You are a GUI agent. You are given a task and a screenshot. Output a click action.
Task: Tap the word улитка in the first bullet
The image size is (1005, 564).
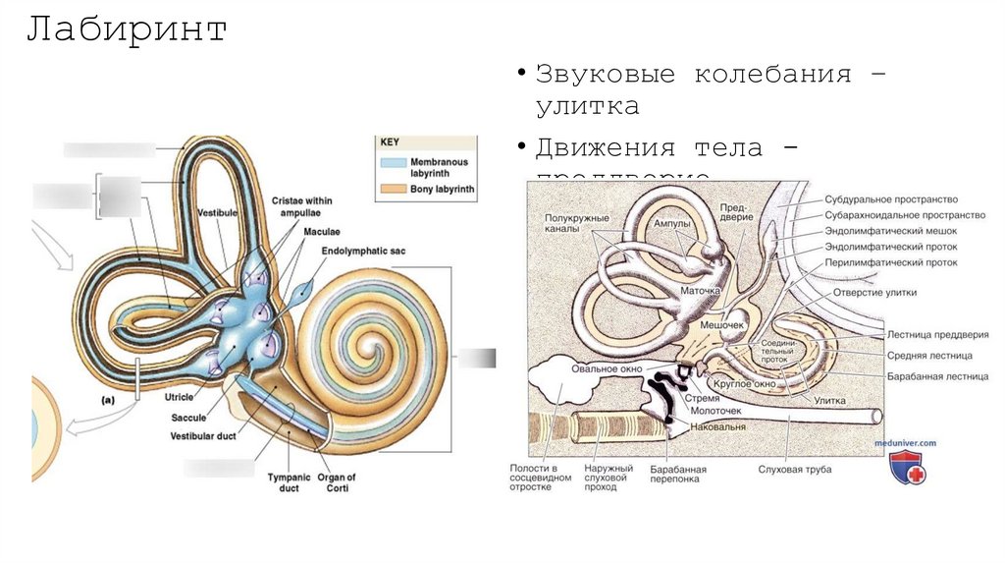587,106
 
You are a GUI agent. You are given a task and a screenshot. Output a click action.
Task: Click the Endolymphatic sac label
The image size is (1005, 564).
363,252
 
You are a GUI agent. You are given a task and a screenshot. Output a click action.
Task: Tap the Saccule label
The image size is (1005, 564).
188,418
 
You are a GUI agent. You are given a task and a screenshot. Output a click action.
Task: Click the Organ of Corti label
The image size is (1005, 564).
337,482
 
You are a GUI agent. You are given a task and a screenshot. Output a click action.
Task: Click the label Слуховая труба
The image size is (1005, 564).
794,470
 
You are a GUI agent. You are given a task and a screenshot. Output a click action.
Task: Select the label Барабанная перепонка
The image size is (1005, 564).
677,476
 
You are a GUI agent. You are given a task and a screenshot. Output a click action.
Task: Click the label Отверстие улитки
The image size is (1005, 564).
874,292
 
